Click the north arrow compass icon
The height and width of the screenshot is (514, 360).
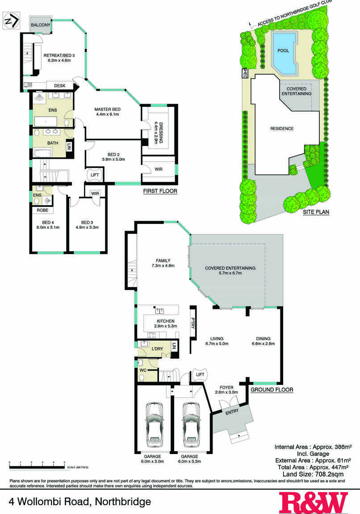point(12,20)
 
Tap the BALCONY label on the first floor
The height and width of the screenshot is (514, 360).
point(40,25)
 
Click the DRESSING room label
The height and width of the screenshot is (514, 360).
point(161,132)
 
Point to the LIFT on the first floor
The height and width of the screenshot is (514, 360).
point(95,175)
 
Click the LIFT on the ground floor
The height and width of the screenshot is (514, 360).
point(200,375)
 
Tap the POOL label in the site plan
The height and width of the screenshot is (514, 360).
point(283,51)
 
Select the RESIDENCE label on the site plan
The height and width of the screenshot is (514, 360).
point(282,129)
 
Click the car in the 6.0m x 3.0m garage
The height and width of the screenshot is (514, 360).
point(154,423)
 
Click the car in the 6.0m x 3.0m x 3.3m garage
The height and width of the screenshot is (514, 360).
point(191,423)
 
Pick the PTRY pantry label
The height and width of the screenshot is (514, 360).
point(193,323)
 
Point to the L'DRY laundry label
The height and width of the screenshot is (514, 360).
point(157,349)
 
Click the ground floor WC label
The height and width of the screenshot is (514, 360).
point(143,371)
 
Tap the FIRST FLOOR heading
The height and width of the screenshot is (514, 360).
point(160,191)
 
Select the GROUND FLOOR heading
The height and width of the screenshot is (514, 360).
point(272,390)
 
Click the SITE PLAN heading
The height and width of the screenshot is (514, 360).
point(316,212)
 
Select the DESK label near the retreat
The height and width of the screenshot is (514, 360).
point(59,85)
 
